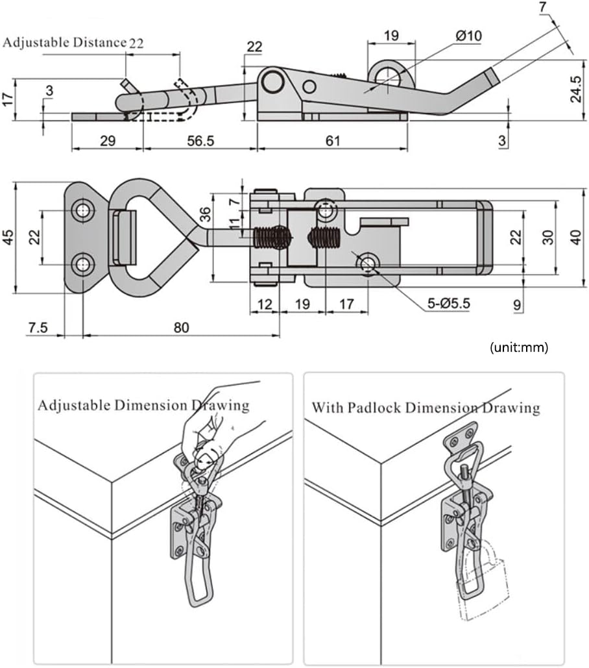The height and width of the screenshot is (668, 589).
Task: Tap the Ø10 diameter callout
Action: click(468, 36)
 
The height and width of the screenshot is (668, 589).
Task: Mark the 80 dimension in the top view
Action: click(181, 328)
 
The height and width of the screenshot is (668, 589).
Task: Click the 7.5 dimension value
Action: click(38, 328)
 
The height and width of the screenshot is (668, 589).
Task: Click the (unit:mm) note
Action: click(519, 347)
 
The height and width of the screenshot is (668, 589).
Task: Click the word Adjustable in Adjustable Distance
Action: click(33, 43)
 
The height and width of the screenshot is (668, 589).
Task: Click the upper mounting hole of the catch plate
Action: click(82, 210)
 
